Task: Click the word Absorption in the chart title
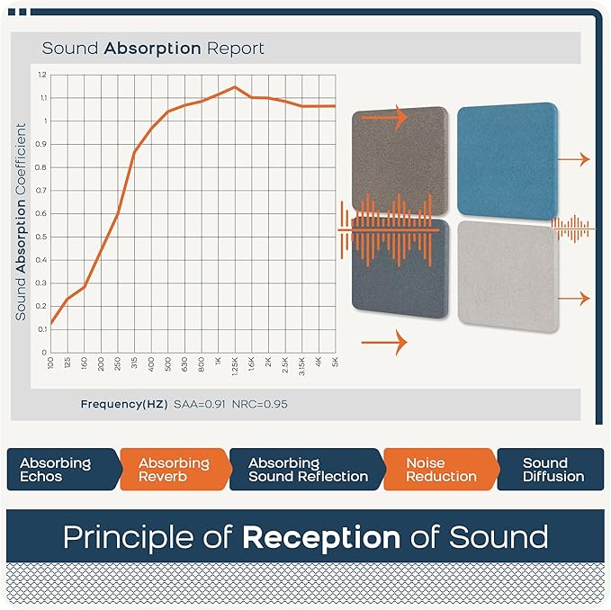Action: [152, 49]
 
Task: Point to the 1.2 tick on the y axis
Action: [42, 75]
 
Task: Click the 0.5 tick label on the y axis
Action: [41, 237]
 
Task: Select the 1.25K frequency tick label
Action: [235, 366]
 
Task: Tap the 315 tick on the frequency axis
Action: [134, 363]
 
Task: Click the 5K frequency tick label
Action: [335, 362]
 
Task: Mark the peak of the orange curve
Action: [235, 87]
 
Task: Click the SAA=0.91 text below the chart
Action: [200, 404]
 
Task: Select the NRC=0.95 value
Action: [259, 404]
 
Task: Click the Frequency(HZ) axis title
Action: [124, 404]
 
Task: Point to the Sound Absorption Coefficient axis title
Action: [21, 221]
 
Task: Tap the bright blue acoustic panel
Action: [508, 161]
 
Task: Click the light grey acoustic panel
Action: [508, 276]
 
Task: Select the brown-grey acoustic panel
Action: [400, 161]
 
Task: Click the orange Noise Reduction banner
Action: [442, 470]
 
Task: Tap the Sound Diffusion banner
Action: [551, 470]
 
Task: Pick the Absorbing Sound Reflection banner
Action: [308, 470]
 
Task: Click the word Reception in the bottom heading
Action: [321, 537]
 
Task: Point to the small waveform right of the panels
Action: [573, 229]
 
